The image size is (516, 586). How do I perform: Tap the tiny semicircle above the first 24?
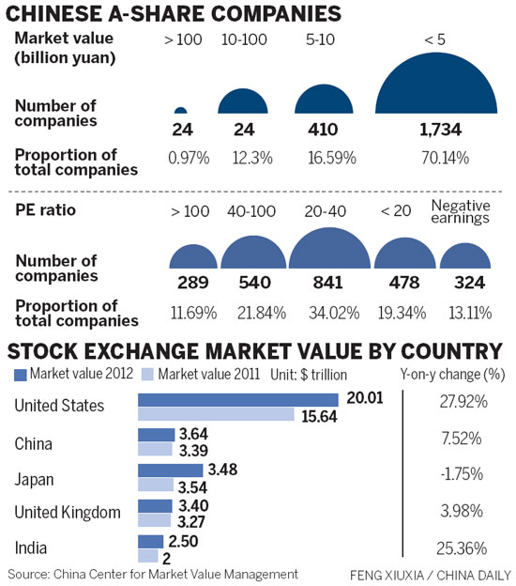click(x=181, y=111)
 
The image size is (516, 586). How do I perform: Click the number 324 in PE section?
click(x=461, y=283)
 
